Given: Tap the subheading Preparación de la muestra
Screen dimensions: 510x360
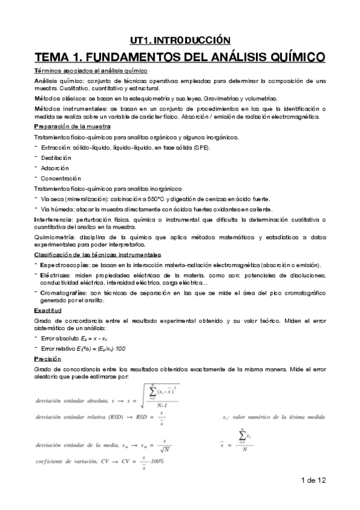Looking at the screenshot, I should (x=72, y=126).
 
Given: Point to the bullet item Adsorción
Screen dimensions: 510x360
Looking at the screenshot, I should (x=55, y=168).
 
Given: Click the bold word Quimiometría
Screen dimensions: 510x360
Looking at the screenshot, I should (x=54, y=238).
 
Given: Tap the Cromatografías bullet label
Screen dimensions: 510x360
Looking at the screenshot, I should (x=63, y=292).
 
